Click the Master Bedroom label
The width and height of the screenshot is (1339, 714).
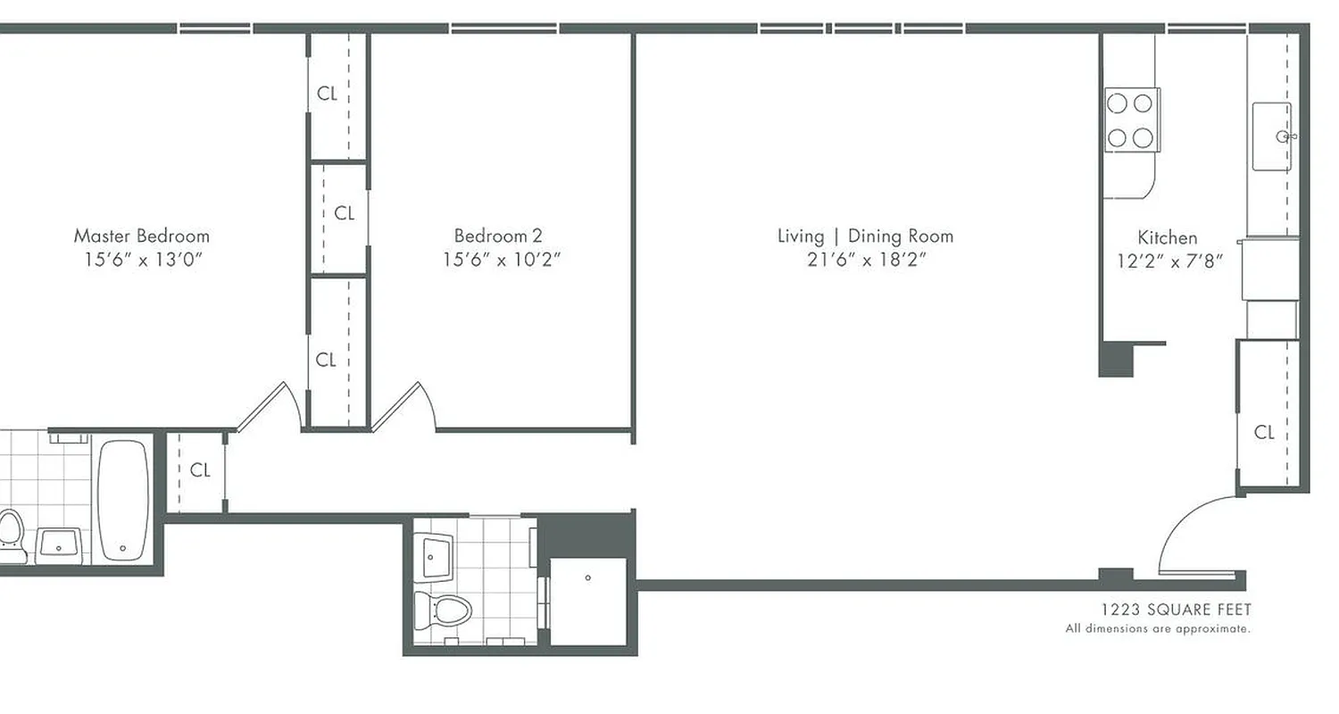[x=141, y=237]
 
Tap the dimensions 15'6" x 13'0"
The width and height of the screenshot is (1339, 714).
[x=141, y=261]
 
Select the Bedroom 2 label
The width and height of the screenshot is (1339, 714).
[x=498, y=237]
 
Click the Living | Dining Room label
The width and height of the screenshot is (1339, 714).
[x=865, y=237]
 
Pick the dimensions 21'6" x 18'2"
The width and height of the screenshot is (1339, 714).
[x=865, y=261]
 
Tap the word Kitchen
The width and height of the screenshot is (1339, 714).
[x=1168, y=237]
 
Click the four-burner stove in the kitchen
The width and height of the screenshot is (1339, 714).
[x=1130, y=120]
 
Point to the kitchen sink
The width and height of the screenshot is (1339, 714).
[x=1271, y=136]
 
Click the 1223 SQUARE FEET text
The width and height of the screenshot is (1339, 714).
[x=1176, y=610]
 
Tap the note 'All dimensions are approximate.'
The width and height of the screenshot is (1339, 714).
[x=1158, y=629]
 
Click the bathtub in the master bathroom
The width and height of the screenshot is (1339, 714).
[x=122, y=500]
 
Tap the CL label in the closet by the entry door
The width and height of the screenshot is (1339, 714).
[x=1264, y=433]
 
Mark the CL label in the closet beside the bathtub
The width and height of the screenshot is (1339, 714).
[x=200, y=470]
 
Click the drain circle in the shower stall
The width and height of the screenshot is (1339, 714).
[x=587, y=578]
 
